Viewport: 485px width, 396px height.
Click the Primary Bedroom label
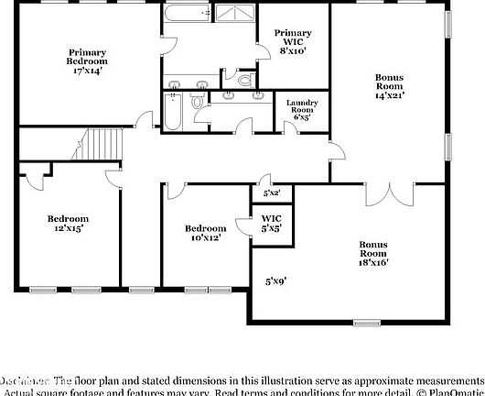click(x=88, y=61)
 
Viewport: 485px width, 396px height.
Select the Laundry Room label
click(x=301, y=110)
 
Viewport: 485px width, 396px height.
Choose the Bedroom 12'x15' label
click(x=68, y=224)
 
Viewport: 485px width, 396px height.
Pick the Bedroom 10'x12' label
click(x=205, y=233)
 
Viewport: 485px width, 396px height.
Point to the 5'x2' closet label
click(x=272, y=193)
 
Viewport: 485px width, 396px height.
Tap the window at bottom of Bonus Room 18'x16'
click(x=367, y=323)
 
